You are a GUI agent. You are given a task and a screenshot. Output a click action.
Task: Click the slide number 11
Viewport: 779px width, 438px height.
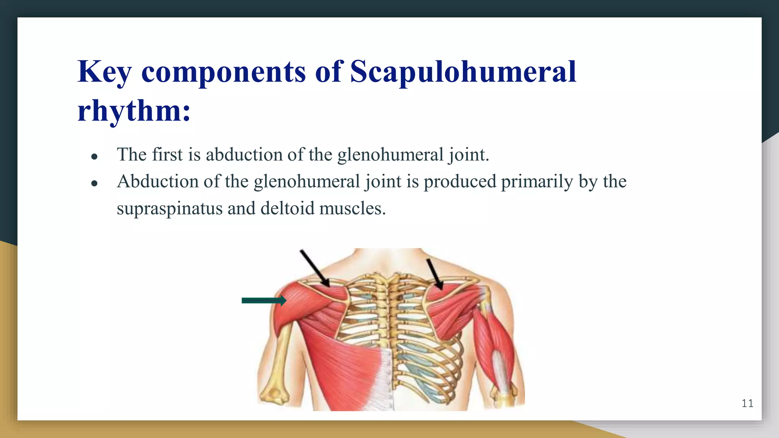tap(747, 403)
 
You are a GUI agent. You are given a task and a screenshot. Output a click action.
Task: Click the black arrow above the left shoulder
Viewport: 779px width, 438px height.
tap(315, 268)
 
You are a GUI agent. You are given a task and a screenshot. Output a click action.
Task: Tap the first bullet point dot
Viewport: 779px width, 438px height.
tap(95, 156)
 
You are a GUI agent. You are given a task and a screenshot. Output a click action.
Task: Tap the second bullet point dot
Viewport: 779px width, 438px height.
tap(95, 183)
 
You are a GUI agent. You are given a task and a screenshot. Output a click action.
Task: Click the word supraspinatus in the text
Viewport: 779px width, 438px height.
tap(170, 208)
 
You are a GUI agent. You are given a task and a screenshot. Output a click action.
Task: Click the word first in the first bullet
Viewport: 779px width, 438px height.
tap(167, 154)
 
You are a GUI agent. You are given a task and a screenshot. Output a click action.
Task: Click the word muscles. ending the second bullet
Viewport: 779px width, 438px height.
tap(353, 208)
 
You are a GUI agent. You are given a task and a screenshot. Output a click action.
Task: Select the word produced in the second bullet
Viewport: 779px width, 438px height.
tap(460, 181)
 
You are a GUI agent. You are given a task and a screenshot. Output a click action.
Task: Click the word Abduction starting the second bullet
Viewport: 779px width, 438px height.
tap(157, 181)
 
